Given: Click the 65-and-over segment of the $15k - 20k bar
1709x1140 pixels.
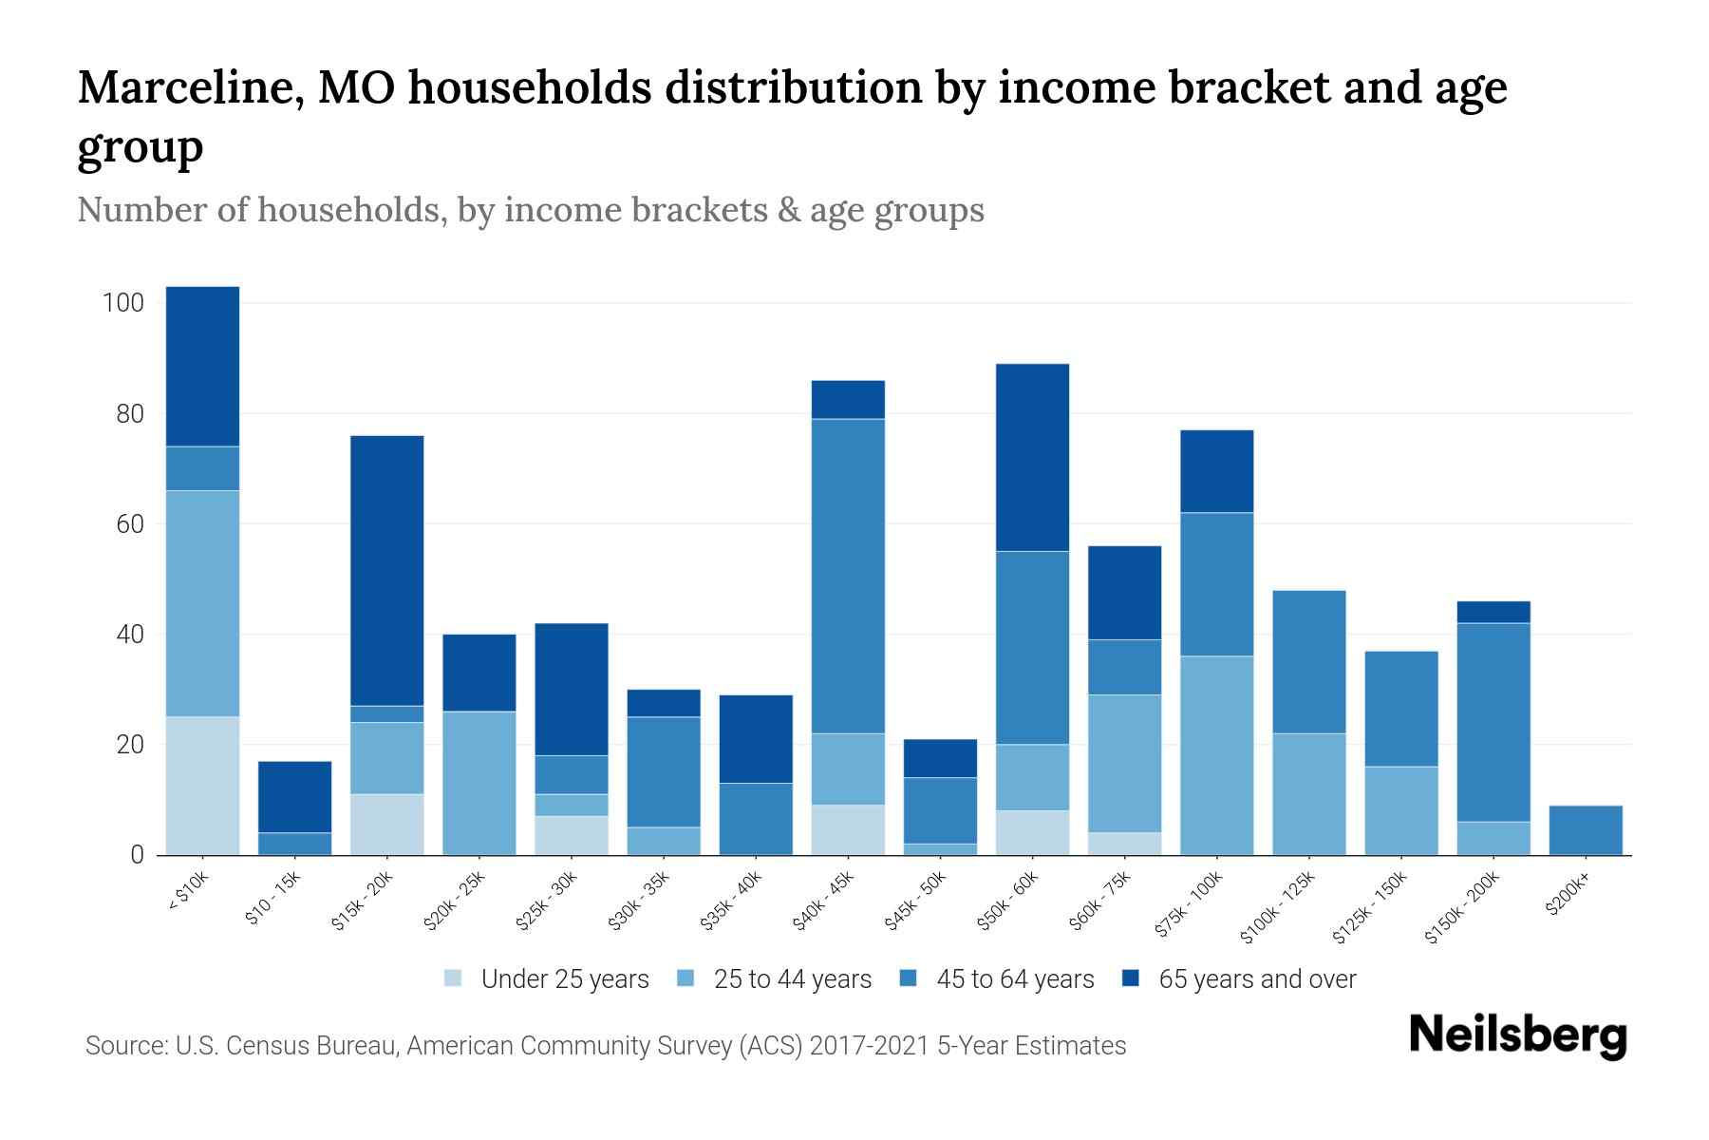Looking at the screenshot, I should [387, 570].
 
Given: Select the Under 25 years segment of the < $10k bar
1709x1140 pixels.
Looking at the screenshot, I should [202, 786].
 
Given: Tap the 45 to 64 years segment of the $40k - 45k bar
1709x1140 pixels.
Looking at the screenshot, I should [849, 576].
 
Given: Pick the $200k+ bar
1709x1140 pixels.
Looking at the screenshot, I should [1586, 830].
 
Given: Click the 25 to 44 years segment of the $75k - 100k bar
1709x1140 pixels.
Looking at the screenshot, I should [1217, 755].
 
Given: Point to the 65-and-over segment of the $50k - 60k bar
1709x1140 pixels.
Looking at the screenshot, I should [1033, 457].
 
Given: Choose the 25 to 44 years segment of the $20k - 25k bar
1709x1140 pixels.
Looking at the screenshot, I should [479, 783].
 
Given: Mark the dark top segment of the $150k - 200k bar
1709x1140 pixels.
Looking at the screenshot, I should [1493, 612].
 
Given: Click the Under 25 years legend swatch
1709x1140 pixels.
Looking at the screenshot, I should [454, 978].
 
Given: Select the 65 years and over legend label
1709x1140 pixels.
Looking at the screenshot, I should [1257, 979].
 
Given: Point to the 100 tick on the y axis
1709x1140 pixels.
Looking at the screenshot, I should [122, 304].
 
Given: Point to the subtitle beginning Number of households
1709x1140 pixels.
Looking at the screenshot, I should [530, 210].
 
